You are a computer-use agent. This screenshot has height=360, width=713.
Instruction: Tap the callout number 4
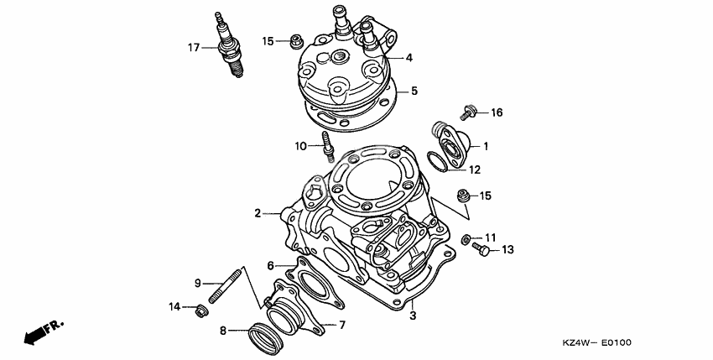point(409,58)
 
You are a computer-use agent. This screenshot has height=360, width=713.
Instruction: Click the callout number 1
point(484,145)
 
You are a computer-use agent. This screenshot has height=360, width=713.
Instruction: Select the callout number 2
point(258,214)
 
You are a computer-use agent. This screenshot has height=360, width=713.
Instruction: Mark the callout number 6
point(270,265)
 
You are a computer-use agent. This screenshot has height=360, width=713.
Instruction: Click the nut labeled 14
point(200,312)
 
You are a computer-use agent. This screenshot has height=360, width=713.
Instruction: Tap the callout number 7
point(342,324)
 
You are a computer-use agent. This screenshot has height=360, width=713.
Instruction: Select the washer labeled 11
point(466,239)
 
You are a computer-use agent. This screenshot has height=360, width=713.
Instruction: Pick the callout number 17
point(193,48)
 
